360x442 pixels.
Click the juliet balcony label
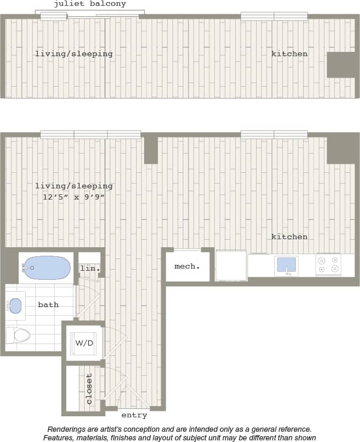click(x=90, y=4)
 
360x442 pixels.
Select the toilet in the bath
click(x=18, y=336)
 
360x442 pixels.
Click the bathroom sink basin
click(x=16, y=306)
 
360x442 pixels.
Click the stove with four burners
click(x=328, y=265)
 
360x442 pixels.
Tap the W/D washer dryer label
click(x=85, y=342)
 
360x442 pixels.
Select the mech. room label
click(x=187, y=266)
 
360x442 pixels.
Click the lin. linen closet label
click(x=90, y=268)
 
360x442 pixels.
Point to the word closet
click(x=89, y=388)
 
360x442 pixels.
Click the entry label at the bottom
click(x=134, y=415)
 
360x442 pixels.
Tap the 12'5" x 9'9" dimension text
click(x=74, y=197)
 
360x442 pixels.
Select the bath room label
click(x=48, y=304)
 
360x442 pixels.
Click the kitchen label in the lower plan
click(x=289, y=237)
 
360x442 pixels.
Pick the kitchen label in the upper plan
click(x=289, y=54)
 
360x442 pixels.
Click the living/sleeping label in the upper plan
click(x=74, y=54)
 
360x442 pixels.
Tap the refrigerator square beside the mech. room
click(x=231, y=265)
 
